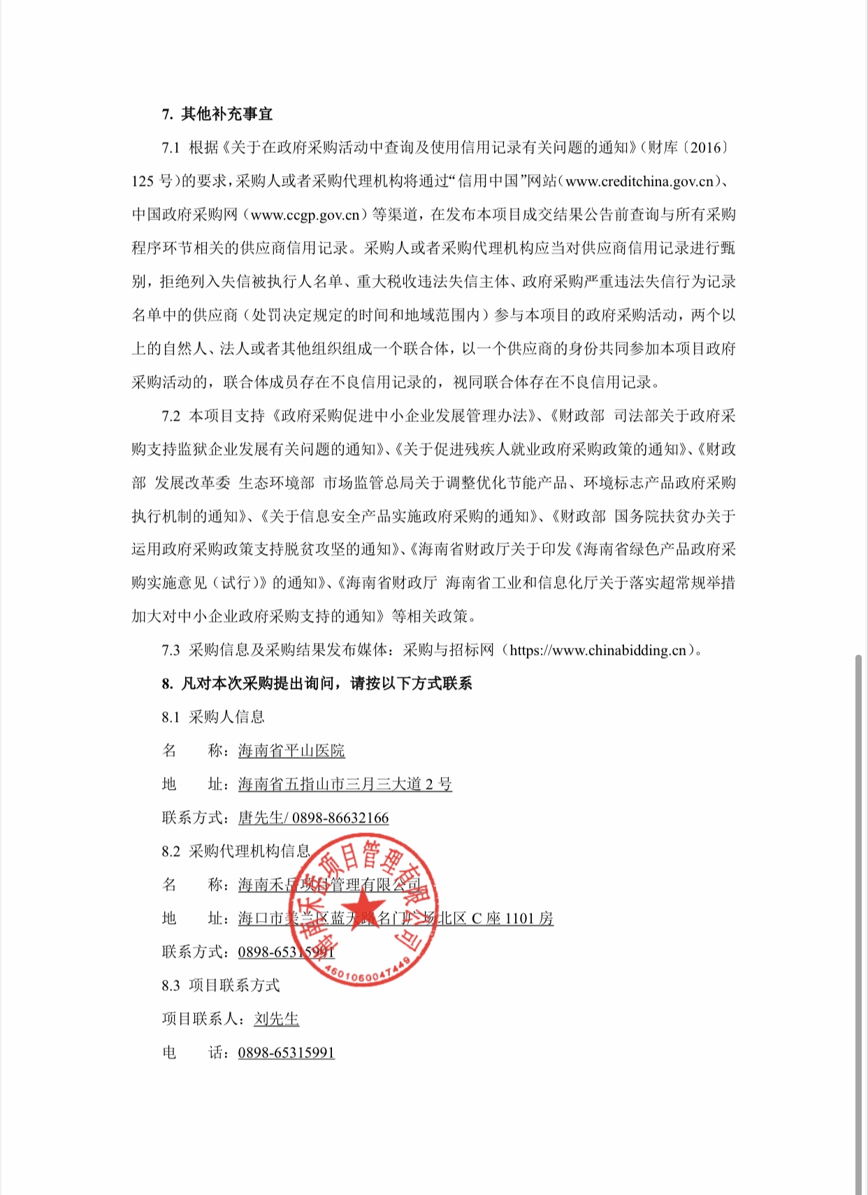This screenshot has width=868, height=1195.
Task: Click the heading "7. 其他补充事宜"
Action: [x=217, y=114]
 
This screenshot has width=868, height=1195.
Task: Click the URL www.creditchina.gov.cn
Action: [x=639, y=181]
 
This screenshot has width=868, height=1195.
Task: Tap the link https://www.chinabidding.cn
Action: [x=598, y=651]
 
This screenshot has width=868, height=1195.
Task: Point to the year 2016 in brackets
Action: [x=704, y=147]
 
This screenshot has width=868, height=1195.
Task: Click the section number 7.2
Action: [x=171, y=416]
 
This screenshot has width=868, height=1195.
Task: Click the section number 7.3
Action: [x=171, y=651]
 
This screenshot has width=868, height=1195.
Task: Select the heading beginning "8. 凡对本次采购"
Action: [x=317, y=683]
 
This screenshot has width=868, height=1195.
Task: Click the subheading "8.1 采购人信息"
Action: [x=213, y=717]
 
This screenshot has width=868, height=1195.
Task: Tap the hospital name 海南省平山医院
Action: [x=291, y=751]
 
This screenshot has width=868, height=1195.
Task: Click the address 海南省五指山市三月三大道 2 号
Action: [x=345, y=784]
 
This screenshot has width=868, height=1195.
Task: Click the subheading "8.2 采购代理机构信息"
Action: [x=236, y=851]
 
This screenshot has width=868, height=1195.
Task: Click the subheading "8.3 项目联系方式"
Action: [x=220, y=985]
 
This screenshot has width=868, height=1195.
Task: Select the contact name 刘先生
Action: [x=276, y=1019]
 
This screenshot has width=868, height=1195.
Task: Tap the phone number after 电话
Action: [x=286, y=1052]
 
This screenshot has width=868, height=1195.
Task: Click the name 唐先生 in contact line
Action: [x=260, y=818]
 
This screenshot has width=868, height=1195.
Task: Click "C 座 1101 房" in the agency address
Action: [x=512, y=918]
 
